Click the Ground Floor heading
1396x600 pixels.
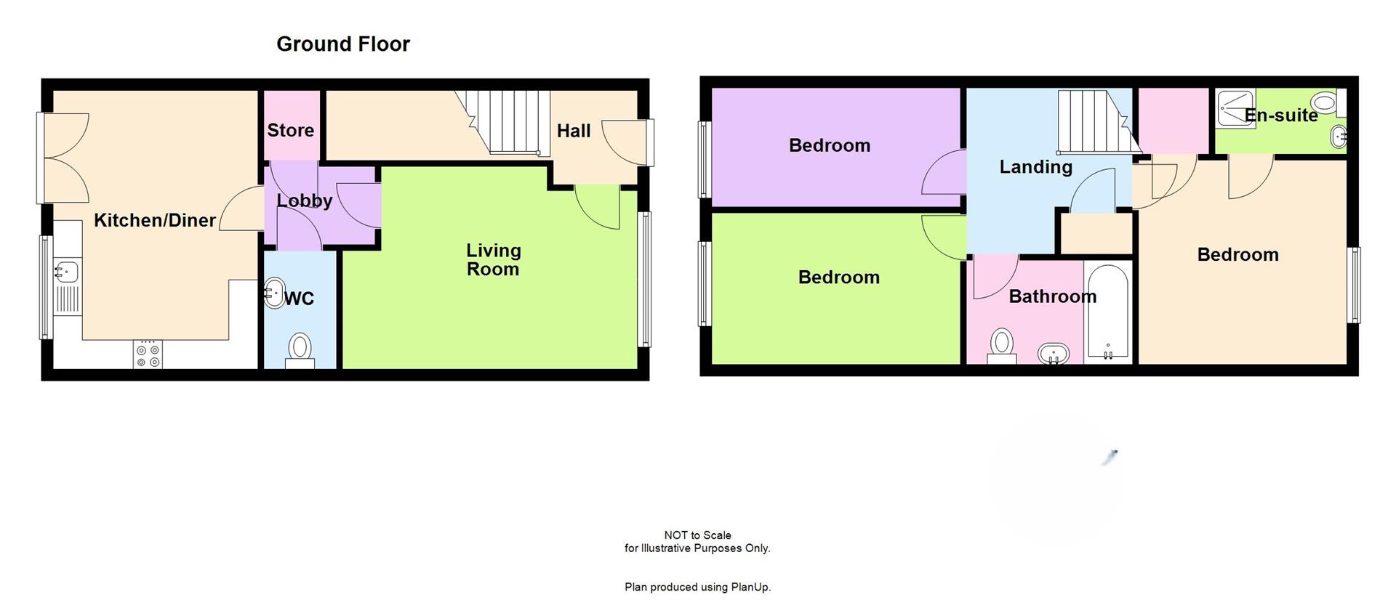(343, 44)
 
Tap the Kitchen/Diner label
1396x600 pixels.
(154, 220)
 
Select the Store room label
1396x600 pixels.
(290, 131)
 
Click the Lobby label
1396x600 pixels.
(304, 200)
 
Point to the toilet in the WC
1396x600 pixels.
(300, 349)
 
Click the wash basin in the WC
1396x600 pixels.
(273, 293)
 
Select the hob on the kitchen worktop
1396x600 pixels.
(148, 354)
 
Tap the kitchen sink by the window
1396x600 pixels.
(66, 272)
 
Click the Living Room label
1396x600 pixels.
(493, 260)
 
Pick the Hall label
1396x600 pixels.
(573, 131)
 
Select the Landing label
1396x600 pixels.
(1035, 167)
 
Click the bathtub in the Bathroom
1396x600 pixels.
(1107, 312)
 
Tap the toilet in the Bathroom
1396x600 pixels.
(1002, 344)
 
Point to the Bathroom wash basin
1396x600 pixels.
(1052, 354)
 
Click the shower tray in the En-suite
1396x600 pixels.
(1235, 109)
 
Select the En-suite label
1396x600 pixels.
(1281, 115)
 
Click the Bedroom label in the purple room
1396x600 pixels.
(829, 145)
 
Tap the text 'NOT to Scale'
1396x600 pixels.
(697, 535)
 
